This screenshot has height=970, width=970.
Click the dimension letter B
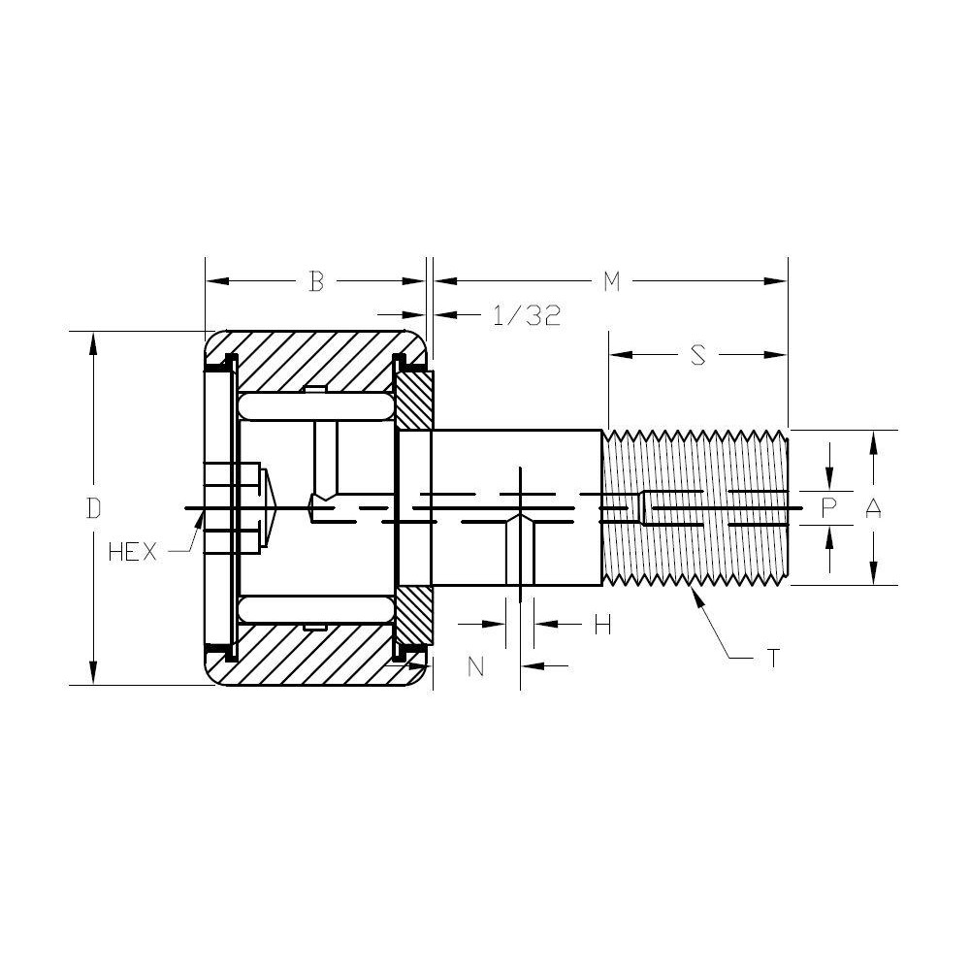tap(315, 281)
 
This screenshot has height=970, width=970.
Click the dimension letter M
tap(611, 281)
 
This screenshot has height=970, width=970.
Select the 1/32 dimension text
tap(527, 315)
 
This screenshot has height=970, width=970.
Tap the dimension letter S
tap(697, 356)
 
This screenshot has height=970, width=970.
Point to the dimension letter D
tap(93, 508)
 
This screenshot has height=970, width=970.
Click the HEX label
tap(132, 552)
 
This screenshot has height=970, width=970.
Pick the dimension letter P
tap(828, 507)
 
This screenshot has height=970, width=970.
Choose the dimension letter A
tap(873, 507)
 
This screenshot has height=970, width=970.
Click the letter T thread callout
tap(772, 659)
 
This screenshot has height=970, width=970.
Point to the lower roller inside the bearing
tap(315, 610)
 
